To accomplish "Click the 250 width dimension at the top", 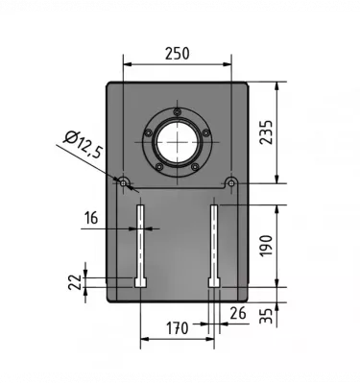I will click(x=177, y=55).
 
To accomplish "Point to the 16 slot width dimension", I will click(x=92, y=219).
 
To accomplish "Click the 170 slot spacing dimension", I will click(x=177, y=329).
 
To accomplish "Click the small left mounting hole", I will click(x=123, y=182).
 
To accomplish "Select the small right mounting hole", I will click(x=231, y=182).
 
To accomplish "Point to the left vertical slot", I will click(x=140, y=240).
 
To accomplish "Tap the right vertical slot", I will click(x=215, y=240).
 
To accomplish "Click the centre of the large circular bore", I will click(x=177, y=143).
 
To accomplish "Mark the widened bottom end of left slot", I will click(x=140, y=281).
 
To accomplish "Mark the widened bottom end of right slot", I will click(x=215, y=281).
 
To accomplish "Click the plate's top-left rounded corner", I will click(x=108, y=84).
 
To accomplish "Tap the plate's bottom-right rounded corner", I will click(x=247, y=299).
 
